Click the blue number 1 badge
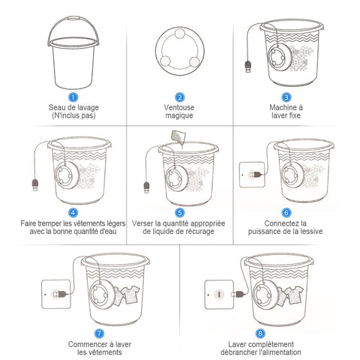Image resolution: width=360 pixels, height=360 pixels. [x=73, y=97]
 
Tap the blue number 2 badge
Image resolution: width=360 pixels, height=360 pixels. [x=180, y=97]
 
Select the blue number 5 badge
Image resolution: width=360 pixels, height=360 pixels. [x=180, y=213]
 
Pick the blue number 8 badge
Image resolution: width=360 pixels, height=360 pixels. [x=260, y=333]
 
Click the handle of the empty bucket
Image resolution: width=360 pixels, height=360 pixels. [x=73, y=18]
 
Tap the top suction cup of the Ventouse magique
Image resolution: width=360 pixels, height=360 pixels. [x=179, y=33]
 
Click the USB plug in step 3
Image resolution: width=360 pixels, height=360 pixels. [x=248, y=67]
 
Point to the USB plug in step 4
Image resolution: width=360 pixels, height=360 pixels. [x=35, y=184]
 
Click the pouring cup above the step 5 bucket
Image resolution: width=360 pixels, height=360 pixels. [x=178, y=136]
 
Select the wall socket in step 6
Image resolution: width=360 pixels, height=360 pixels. [x=252, y=175]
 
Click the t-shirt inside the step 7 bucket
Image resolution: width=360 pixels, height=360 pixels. [x=130, y=295]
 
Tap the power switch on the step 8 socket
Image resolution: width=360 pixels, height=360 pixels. [x=219, y=295]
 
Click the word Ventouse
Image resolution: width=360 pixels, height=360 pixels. [x=179, y=107]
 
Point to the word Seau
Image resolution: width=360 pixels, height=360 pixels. [x=57, y=107]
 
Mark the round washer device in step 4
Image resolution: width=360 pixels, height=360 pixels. [x=67, y=175]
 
